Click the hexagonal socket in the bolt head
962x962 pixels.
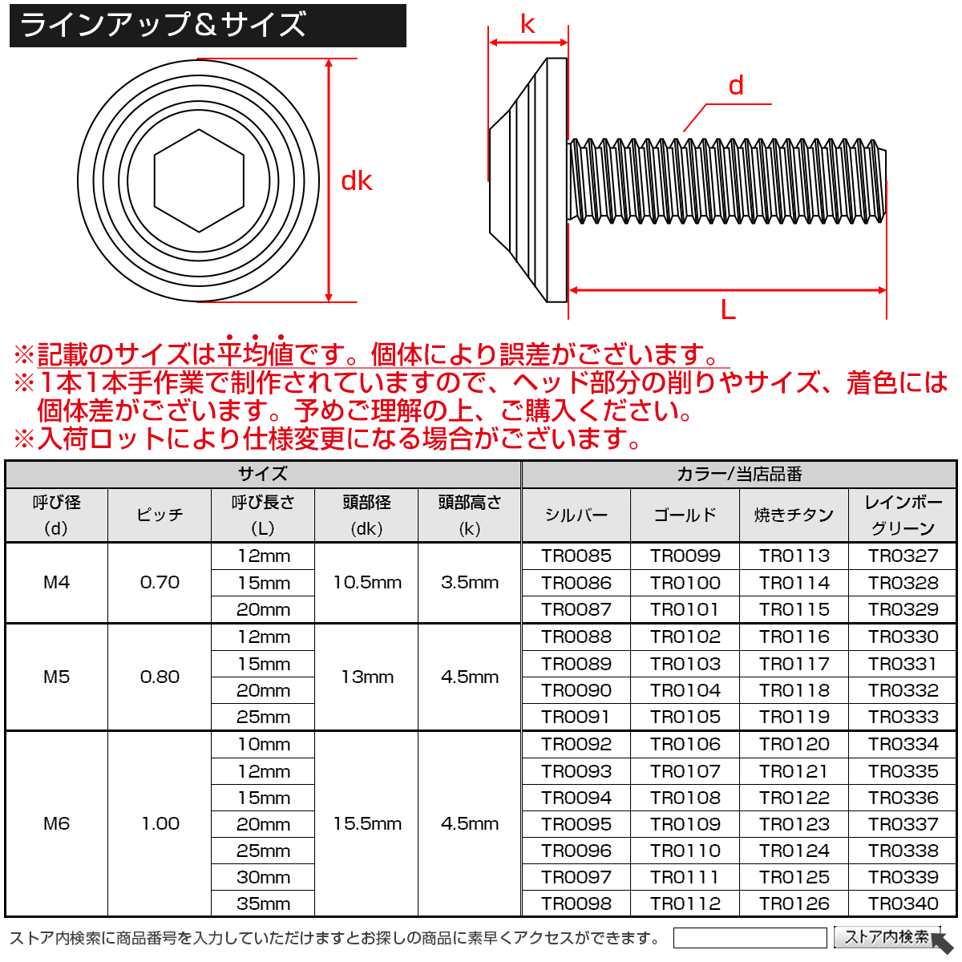(198, 180)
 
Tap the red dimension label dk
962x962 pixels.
(357, 181)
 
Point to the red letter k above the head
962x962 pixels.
(527, 24)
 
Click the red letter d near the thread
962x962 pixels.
(736, 86)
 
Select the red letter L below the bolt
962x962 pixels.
(728, 309)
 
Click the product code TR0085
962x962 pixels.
(576, 556)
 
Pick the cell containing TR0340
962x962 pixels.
(903, 903)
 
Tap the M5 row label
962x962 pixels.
(56, 677)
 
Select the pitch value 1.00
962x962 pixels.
(160, 823)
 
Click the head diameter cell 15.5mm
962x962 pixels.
(367, 823)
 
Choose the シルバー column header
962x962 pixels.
(576, 515)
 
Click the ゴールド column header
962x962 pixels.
(685, 515)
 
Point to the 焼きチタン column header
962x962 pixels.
(794, 515)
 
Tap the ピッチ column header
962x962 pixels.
(160, 515)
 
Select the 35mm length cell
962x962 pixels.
(263, 903)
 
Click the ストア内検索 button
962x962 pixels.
(887, 937)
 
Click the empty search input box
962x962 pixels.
(749, 938)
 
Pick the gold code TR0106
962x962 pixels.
(685, 744)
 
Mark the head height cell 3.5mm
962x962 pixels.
(470, 583)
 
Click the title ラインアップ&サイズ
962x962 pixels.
(164, 25)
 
